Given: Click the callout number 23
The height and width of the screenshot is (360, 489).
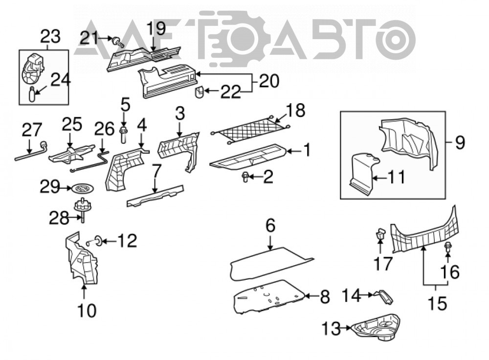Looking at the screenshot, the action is [x=50, y=37].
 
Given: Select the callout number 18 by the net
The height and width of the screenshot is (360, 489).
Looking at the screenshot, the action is [x=295, y=111].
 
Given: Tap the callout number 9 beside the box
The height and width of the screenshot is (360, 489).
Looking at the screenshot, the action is [x=460, y=142].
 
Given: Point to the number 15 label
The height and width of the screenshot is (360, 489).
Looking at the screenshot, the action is [x=437, y=303].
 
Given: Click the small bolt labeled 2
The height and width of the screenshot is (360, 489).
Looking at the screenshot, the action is [x=245, y=177].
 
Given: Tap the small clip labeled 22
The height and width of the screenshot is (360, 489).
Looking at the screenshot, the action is [x=200, y=92].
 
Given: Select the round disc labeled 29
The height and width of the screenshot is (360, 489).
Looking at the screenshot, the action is [x=83, y=189].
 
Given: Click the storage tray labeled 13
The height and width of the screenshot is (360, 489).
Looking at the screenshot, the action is [x=376, y=327].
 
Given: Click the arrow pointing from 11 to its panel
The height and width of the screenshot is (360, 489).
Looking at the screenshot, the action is [x=379, y=179].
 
